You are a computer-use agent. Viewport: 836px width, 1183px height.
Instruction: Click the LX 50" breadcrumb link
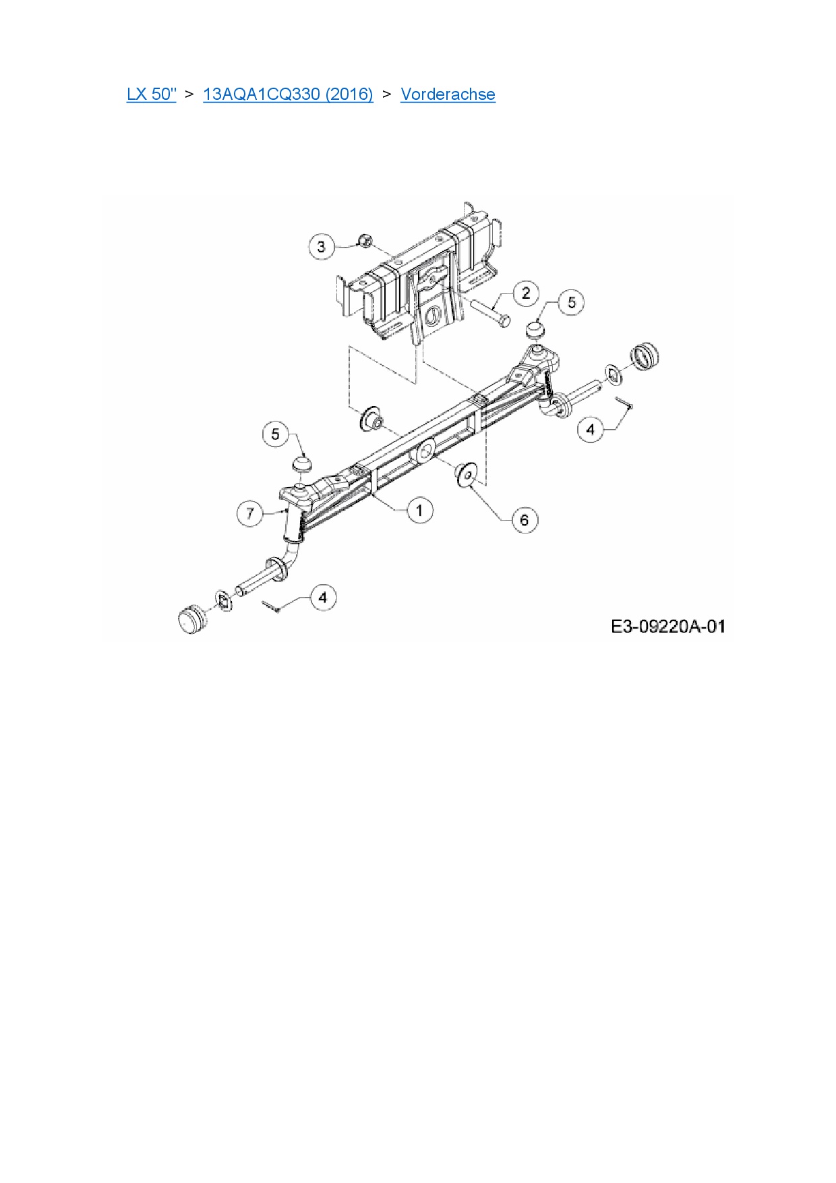pyautogui.click(x=151, y=94)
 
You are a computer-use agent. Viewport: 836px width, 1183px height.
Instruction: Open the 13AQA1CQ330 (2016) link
pyautogui.click(x=288, y=94)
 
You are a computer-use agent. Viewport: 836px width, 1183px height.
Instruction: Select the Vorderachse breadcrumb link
pyautogui.click(x=448, y=94)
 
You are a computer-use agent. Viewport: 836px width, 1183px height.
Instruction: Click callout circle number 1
pyautogui.click(x=419, y=510)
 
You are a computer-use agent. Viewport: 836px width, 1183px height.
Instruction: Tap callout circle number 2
pyautogui.click(x=526, y=293)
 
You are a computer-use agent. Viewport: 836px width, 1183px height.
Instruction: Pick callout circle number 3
pyautogui.click(x=321, y=247)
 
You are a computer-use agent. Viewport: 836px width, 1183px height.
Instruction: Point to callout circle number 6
pyautogui.click(x=525, y=520)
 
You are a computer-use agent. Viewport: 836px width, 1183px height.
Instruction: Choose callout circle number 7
pyautogui.click(x=250, y=514)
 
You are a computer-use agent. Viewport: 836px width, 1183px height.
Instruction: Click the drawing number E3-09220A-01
pyautogui.click(x=667, y=627)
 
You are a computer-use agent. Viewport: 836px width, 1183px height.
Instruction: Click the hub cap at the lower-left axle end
pyautogui.click(x=192, y=619)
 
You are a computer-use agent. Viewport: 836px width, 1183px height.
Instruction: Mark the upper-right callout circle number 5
pyautogui.click(x=572, y=302)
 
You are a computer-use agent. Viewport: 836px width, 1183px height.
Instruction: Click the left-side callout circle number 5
pyautogui.click(x=275, y=434)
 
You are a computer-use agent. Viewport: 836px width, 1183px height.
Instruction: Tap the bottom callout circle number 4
pyautogui.click(x=323, y=598)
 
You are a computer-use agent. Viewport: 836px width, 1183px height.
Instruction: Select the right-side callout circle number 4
pyautogui.click(x=591, y=429)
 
